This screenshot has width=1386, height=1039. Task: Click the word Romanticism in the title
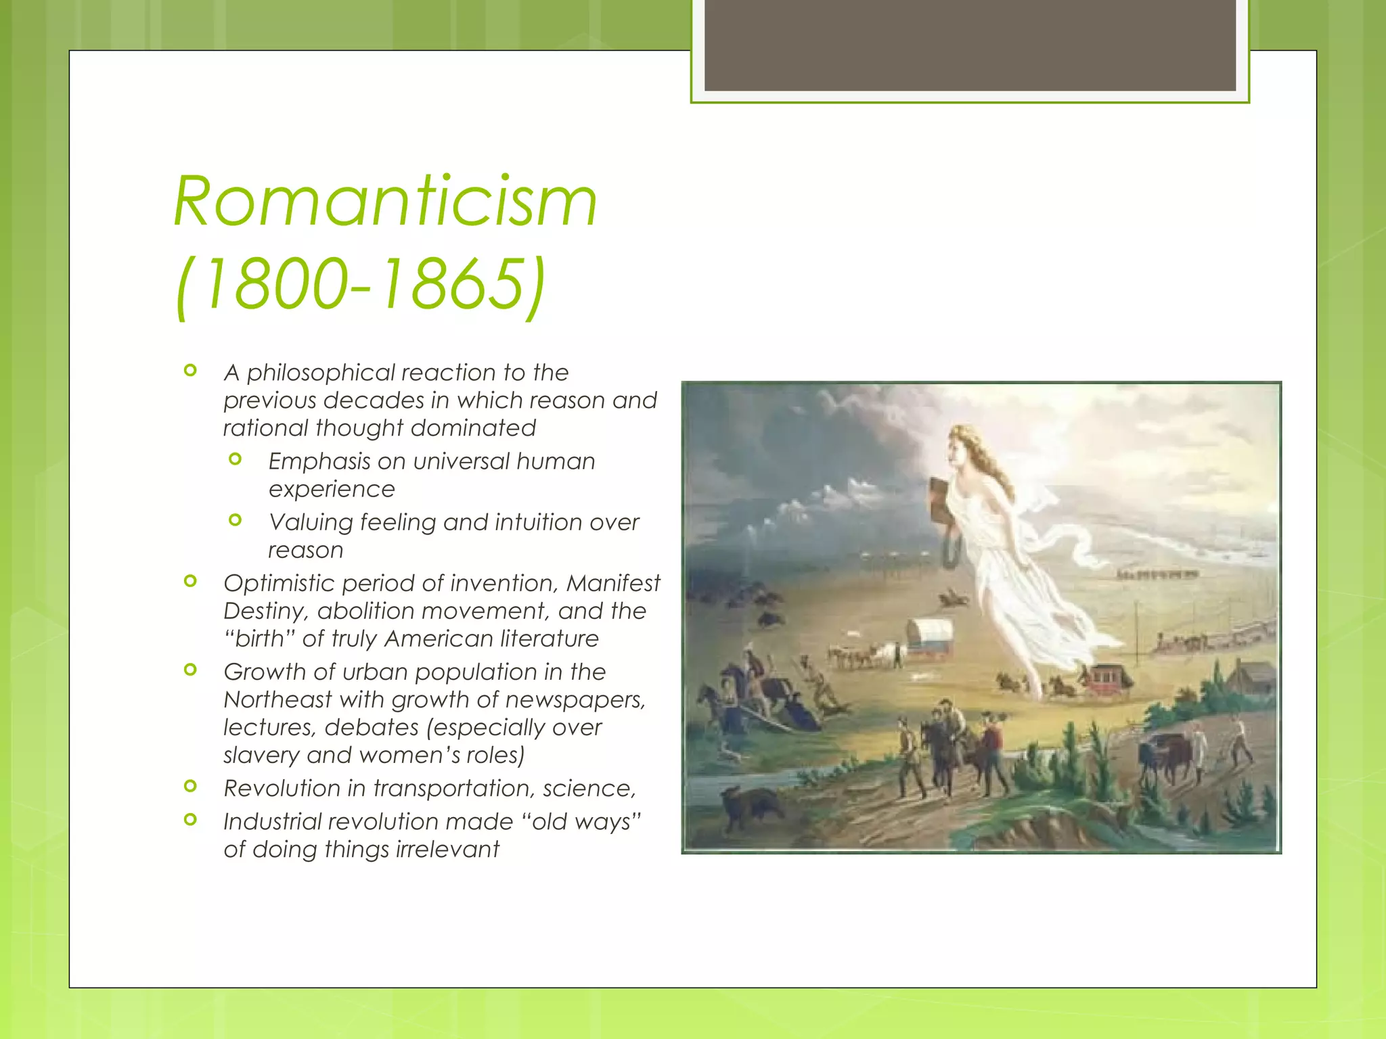385,202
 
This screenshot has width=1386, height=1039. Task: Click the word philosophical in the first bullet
320,373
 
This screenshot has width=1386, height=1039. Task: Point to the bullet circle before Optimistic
191,581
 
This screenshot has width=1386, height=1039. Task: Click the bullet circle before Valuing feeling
236,520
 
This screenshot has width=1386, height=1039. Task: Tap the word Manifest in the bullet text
613,583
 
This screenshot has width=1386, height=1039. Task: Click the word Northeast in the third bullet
277,699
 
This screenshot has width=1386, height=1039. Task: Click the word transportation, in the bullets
454,789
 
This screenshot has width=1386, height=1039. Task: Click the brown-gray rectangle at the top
970,45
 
